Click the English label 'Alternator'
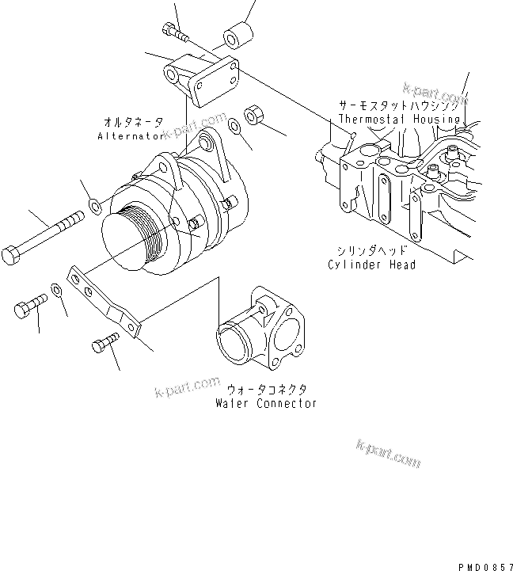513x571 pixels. point(130,136)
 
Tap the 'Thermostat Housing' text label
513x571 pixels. point(399,120)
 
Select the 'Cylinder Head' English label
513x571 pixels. point(371,265)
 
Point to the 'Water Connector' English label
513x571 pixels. point(266,403)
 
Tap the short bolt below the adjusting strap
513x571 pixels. point(104,344)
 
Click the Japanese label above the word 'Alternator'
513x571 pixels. point(133,122)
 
